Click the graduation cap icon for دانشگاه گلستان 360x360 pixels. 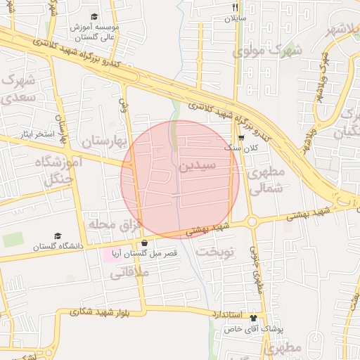(58, 236)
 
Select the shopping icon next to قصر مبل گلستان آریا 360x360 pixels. (144, 243)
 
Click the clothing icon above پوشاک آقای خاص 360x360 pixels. (263, 318)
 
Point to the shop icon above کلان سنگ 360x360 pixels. (241, 138)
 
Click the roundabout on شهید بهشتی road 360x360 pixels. (252, 224)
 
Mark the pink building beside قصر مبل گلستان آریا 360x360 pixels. (111, 255)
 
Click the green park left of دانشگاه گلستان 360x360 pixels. (13, 240)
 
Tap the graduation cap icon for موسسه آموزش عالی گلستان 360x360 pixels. (95, 17)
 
